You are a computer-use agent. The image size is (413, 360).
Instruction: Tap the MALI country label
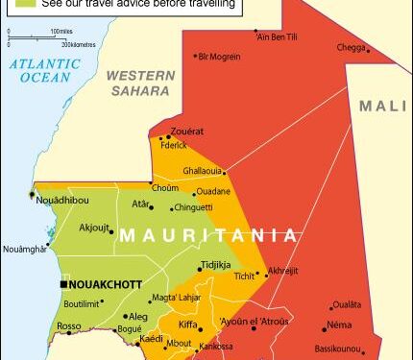pos(384,107)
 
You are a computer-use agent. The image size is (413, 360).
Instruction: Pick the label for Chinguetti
pos(219,205)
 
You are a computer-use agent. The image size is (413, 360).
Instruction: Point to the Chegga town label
pos(351,47)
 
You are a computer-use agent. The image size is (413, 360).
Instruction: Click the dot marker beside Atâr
pos(155,204)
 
